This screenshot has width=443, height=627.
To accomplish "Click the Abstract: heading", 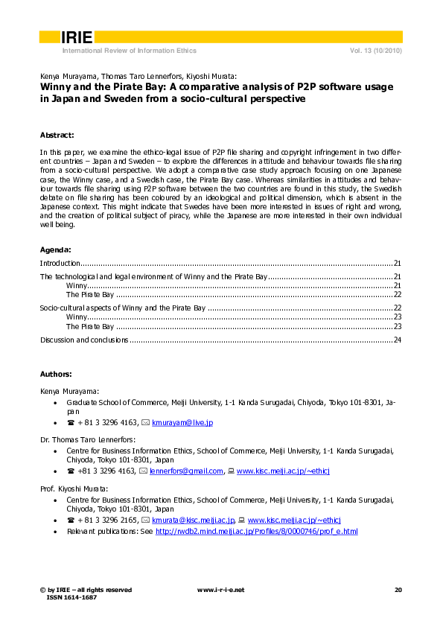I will click(57, 135).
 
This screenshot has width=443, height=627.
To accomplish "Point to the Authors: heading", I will click(56, 374).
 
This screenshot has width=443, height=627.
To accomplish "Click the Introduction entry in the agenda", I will click(60, 264).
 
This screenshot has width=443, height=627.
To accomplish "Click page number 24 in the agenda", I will click(398, 340).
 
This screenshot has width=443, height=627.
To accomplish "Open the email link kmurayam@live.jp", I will click(182, 422).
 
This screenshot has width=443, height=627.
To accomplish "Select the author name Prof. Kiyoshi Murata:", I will click(74, 488).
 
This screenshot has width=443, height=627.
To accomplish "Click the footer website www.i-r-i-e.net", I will click(220, 590).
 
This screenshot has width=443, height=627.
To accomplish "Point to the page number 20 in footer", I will click(398, 590).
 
